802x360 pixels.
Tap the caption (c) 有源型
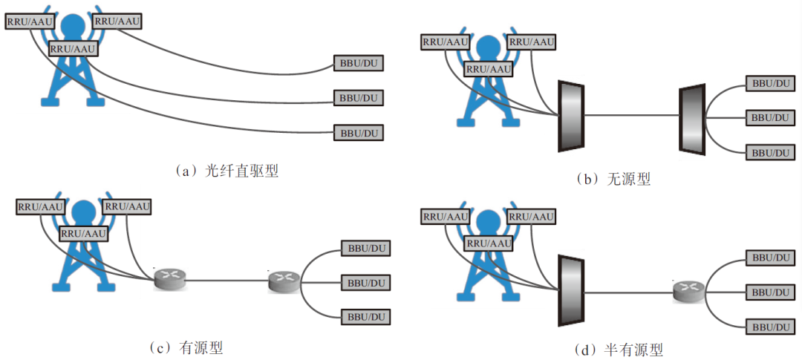pyautogui.click(x=186, y=347)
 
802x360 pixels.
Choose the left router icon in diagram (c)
pyautogui.click(x=170, y=279)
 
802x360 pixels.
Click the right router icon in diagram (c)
pyautogui.click(x=283, y=280)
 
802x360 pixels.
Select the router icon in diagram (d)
pyautogui.click(x=688, y=291)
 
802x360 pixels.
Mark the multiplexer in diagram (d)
pyautogui.click(x=571, y=290)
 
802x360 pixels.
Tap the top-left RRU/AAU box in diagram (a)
pyautogui.click(x=29, y=22)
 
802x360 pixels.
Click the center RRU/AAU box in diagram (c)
pyautogui.click(x=83, y=233)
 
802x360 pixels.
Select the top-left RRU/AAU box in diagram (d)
pyautogui.click(x=446, y=217)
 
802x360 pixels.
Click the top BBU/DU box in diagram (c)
pyautogui.click(x=365, y=247)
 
